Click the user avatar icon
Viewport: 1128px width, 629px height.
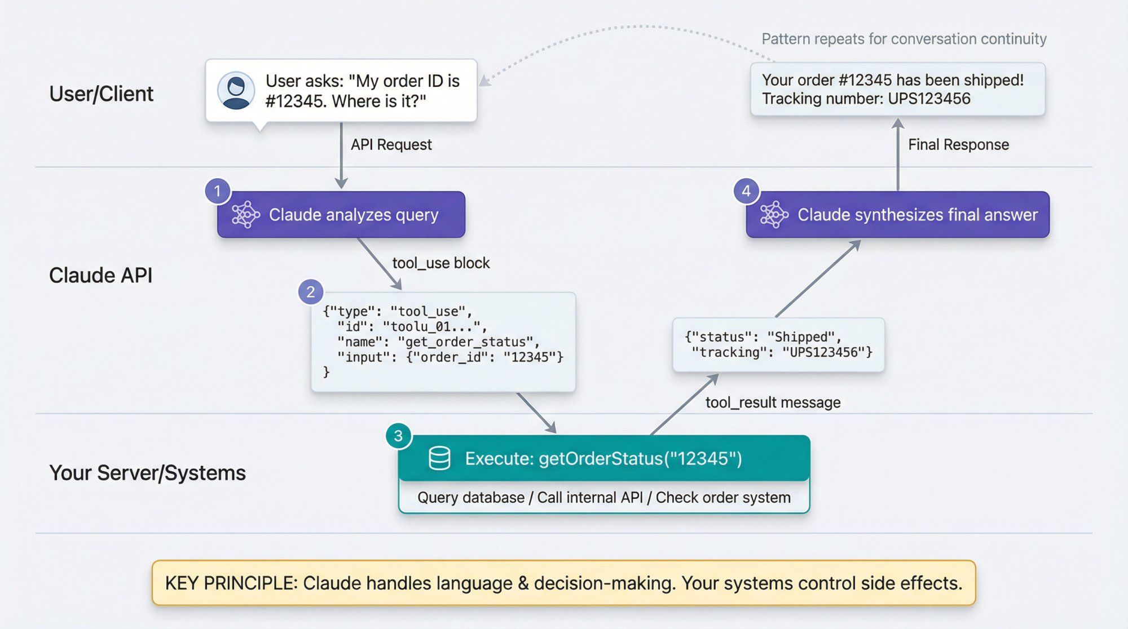click(x=236, y=90)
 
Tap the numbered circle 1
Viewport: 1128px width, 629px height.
click(x=217, y=191)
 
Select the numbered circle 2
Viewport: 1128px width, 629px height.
click(x=310, y=292)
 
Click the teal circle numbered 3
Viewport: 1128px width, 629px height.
click(x=398, y=436)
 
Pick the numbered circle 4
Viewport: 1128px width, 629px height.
click(x=746, y=191)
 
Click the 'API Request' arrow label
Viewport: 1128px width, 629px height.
click(x=391, y=145)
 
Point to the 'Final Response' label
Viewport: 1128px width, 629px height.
click(x=958, y=145)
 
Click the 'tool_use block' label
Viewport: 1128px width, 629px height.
click(x=440, y=263)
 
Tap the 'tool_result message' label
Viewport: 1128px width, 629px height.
click(x=773, y=402)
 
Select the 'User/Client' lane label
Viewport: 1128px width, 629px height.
click(x=101, y=94)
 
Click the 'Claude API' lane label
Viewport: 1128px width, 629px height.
click(x=100, y=276)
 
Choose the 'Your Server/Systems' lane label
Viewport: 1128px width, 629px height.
click(x=147, y=473)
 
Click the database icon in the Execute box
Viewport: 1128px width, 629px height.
click(x=439, y=458)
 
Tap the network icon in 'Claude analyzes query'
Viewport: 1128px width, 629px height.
click(x=246, y=215)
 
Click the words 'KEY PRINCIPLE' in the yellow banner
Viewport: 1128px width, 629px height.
click(x=231, y=583)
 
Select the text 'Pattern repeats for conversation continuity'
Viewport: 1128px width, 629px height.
click(x=904, y=39)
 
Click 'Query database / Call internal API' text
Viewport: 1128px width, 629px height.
click(x=530, y=498)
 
